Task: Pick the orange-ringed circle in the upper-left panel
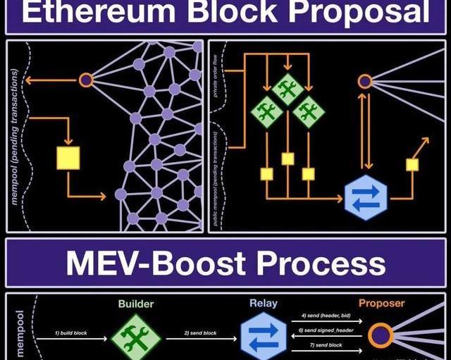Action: click(86, 80)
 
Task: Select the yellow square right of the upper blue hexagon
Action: click(412, 164)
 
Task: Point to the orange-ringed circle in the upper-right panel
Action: click(364, 82)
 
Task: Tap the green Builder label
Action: click(136, 304)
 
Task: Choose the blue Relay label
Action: click(263, 304)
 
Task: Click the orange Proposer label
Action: click(382, 304)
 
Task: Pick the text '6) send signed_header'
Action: click(326, 330)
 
